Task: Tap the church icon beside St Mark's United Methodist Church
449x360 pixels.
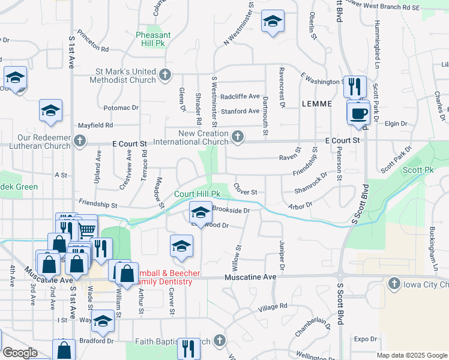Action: coord(165,76)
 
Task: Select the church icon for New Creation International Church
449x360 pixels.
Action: coord(238,137)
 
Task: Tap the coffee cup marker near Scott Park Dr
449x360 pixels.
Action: coord(359,113)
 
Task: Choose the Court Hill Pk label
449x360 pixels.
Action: coord(197,194)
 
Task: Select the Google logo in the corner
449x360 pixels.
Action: coord(20,353)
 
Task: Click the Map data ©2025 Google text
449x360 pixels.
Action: coord(411,355)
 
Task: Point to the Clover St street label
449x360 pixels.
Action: coord(246,190)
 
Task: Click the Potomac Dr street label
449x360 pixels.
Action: coord(121,107)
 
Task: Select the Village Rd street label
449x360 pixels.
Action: coord(273,307)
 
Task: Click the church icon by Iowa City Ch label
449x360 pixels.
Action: coord(394,283)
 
